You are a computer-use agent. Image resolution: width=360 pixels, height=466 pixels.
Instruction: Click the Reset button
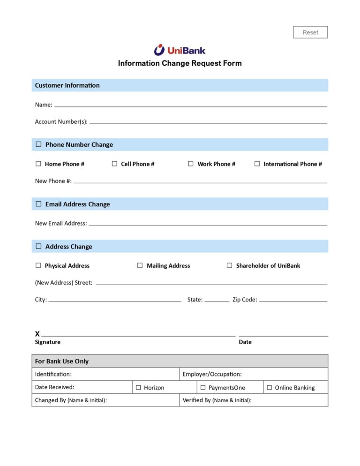(x=310, y=32)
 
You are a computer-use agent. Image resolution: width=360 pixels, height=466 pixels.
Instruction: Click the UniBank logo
(x=180, y=50)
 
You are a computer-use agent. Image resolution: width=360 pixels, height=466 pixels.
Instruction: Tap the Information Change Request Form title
(x=180, y=63)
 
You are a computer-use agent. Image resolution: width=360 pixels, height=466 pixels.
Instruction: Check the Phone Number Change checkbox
(x=38, y=144)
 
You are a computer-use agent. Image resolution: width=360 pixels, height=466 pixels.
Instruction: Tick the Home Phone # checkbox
(x=38, y=164)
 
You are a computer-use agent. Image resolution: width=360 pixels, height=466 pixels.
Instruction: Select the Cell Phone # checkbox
(x=114, y=164)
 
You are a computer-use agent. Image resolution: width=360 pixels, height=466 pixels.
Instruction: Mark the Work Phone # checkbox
(x=191, y=164)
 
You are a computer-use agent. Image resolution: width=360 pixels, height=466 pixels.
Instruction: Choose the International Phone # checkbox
(x=257, y=164)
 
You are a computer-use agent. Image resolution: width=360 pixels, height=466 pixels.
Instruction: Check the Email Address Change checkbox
(x=38, y=204)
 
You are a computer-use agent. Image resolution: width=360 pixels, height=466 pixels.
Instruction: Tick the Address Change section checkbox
(x=38, y=246)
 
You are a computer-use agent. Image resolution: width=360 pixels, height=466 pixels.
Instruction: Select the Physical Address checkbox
(x=38, y=265)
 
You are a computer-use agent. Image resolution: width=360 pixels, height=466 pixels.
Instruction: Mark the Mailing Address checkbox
(x=140, y=265)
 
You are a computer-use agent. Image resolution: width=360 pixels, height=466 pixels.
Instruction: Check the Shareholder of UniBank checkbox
(x=229, y=265)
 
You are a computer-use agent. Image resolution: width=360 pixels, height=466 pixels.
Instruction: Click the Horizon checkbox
(x=138, y=388)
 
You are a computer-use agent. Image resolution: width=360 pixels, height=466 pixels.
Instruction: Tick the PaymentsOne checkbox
(x=203, y=388)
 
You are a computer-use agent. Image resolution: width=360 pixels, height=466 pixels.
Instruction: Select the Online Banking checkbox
(x=269, y=388)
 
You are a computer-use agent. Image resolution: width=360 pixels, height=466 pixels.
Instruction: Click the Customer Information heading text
(x=67, y=85)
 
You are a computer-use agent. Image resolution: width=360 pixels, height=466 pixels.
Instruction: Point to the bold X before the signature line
(x=37, y=334)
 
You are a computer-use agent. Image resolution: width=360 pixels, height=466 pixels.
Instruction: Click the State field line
(x=217, y=301)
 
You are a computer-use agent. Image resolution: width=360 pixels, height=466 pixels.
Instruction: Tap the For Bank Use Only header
(x=61, y=361)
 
